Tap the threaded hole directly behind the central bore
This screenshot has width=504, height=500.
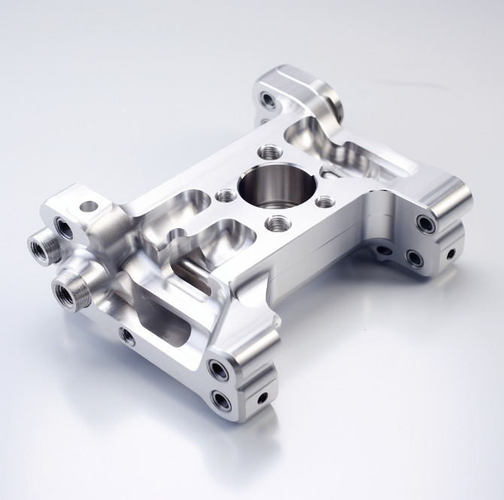(x=269, y=151)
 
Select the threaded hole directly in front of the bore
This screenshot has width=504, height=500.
(x=278, y=222)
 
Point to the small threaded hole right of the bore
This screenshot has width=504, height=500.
(x=324, y=202)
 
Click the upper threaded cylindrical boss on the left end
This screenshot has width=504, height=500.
(x=42, y=246)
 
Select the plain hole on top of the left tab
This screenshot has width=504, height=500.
(x=89, y=206)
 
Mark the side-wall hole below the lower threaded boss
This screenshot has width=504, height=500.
(x=129, y=336)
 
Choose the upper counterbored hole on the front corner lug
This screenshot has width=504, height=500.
(x=219, y=369)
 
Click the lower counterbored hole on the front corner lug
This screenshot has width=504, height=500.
(x=222, y=400)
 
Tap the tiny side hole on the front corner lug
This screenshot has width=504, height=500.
(x=263, y=397)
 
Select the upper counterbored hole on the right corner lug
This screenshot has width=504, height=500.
(x=427, y=224)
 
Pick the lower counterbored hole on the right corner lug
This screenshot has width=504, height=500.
(x=414, y=258)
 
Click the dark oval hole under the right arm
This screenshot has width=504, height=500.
(x=383, y=249)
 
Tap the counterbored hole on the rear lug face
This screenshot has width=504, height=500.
(x=267, y=99)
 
